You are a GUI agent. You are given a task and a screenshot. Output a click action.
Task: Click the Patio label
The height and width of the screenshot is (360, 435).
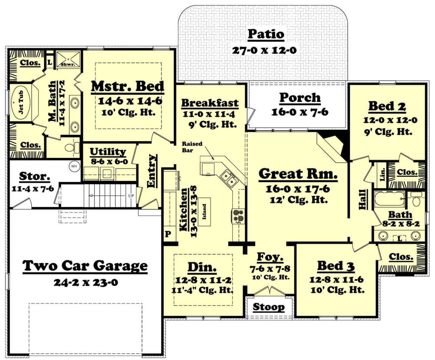(x=266, y=34)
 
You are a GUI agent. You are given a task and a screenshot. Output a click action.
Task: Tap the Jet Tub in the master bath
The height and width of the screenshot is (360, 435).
(x=21, y=102)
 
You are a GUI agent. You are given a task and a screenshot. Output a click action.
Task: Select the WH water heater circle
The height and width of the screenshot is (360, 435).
(x=74, y=166)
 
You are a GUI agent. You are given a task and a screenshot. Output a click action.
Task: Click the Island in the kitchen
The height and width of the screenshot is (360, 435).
(x=204, y=212)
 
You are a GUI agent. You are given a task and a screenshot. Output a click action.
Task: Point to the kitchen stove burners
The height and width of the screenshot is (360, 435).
(x=238, y=216)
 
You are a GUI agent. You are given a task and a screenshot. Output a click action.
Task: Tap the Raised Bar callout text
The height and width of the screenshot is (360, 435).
(x=192, y=147)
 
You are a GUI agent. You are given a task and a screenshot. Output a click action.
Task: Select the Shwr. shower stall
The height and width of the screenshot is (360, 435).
(x=68, y=59)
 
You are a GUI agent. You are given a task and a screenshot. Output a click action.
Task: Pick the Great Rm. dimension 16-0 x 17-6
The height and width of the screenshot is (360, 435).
(x=298, y=189)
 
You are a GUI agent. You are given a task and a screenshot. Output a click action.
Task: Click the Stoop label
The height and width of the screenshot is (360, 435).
(x=269, y=307)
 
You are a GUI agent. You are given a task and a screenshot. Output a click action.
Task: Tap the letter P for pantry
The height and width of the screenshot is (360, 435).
(x=168, y=234)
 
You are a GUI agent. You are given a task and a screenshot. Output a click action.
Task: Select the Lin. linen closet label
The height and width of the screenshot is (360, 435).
(x=383, y=175)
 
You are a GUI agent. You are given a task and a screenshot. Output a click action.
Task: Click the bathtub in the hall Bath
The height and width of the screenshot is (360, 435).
(x=390, y=199)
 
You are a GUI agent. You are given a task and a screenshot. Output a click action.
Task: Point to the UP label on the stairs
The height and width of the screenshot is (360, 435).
(x=131, y=196)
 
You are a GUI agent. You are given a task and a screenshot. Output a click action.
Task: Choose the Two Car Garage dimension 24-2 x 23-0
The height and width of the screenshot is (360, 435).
(x=86, y=282)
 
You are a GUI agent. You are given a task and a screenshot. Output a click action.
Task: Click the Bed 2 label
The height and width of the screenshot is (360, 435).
(x=387, y=106)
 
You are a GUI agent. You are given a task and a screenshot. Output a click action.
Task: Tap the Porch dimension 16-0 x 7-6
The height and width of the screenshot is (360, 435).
(x=300, y=112)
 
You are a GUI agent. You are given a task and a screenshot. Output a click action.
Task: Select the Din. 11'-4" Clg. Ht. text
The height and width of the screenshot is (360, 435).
(x=202, y=290)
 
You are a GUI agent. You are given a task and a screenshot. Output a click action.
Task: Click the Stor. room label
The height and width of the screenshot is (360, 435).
(x=34, y=176)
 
